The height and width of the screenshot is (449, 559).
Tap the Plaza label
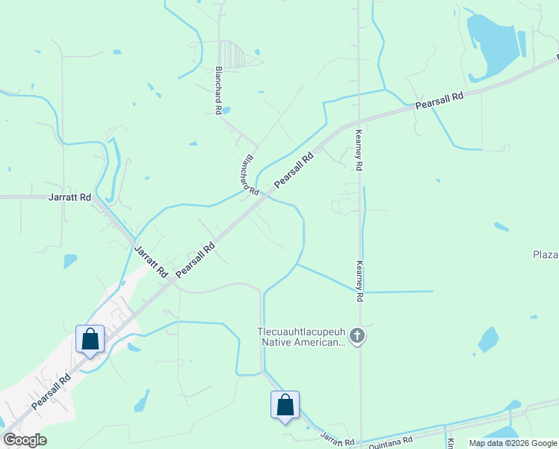click(546, 255)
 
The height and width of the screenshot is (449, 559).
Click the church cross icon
click(357, 336)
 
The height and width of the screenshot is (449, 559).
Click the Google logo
click(25, 440)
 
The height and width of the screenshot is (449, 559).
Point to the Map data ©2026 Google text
click(513, 443)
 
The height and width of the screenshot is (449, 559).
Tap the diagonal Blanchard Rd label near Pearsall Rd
click(249, 177)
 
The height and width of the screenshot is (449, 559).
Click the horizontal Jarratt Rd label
click(70, 198)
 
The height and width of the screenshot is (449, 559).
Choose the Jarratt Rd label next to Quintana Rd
click(337, 439)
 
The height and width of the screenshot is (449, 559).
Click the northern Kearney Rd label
click(359, 150)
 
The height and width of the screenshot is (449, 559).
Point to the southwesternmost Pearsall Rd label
click(51, 391)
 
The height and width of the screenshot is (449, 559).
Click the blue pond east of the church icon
click(488, 340)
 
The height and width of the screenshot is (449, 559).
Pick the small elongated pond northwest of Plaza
click(501, 226)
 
